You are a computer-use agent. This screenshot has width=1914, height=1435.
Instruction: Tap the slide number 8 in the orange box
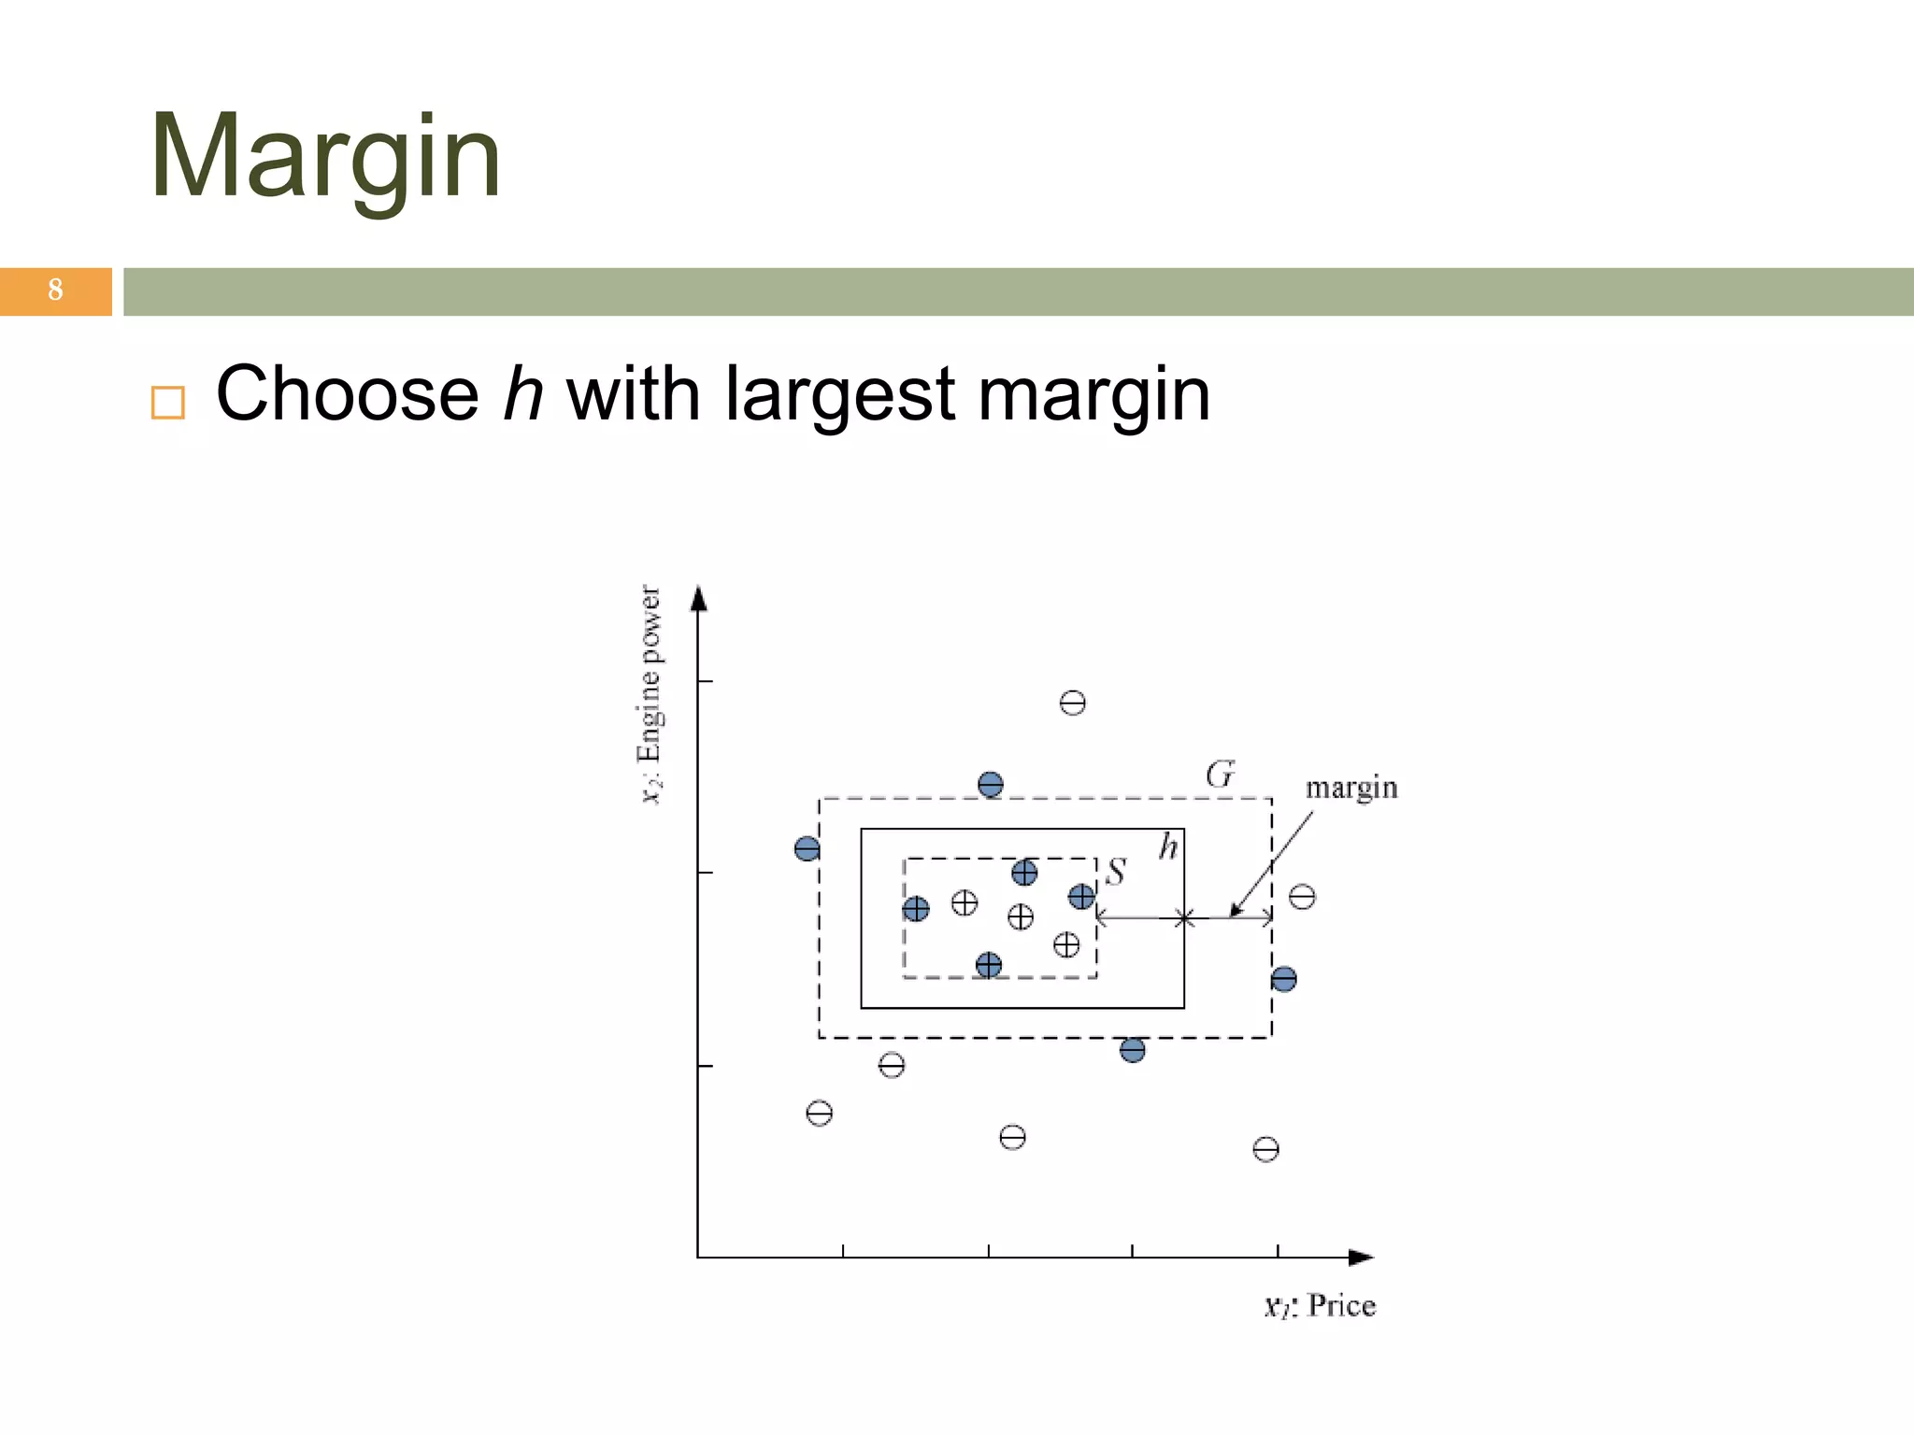pos(55,291)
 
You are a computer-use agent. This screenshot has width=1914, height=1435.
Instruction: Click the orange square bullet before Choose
pos(168,403)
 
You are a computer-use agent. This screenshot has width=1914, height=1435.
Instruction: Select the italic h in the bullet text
pos(522,394)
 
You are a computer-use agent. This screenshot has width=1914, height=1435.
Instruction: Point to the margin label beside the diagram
pos(1350,788)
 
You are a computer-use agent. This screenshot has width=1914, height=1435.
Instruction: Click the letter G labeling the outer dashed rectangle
pos(1220,774)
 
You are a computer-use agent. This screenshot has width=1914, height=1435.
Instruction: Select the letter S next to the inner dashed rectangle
pos(1116,872)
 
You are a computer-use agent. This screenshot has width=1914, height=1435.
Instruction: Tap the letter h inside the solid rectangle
pos(1168,847)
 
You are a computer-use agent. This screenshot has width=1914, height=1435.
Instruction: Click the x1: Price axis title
pos(1320,1305)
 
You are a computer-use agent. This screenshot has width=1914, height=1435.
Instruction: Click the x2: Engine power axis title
pos(650,693)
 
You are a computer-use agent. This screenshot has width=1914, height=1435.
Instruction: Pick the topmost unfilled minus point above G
pos(1073,703)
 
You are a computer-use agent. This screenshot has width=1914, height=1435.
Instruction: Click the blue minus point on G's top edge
pos(991,785)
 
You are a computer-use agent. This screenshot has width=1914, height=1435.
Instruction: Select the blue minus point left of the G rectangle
pos(807,848)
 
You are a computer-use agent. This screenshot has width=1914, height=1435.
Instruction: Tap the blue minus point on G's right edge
pos(1284,979)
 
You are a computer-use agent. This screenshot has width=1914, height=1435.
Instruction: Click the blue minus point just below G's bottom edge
pos(1133,1050)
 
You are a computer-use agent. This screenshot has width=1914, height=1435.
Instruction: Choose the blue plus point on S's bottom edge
pos(989,965)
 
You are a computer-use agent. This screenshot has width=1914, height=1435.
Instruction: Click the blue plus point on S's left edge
pos(916,909)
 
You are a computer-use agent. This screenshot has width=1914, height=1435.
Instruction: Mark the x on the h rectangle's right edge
pos(1184,919)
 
